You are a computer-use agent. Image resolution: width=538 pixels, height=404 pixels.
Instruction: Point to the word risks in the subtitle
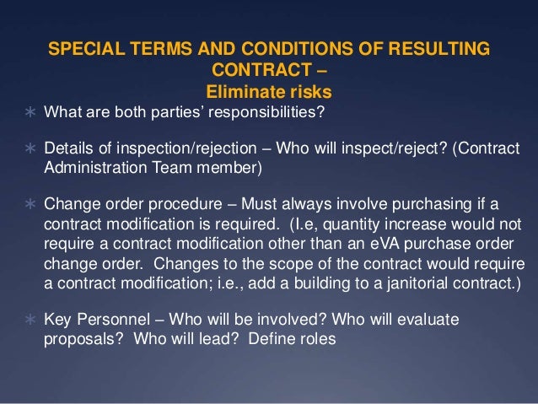click(307, 89)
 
